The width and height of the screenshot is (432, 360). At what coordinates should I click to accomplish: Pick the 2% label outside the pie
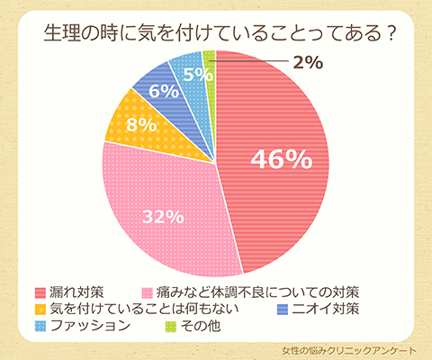point(309,63)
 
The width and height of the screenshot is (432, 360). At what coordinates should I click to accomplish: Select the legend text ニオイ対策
point(327,310)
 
